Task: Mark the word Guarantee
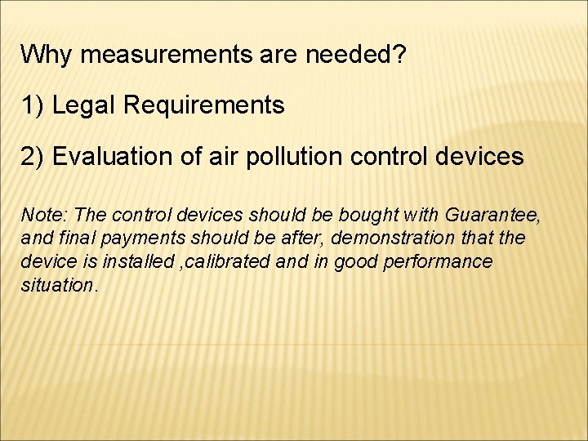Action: click(x=492, y=216)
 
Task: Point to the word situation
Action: click(x=57, y=284)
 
